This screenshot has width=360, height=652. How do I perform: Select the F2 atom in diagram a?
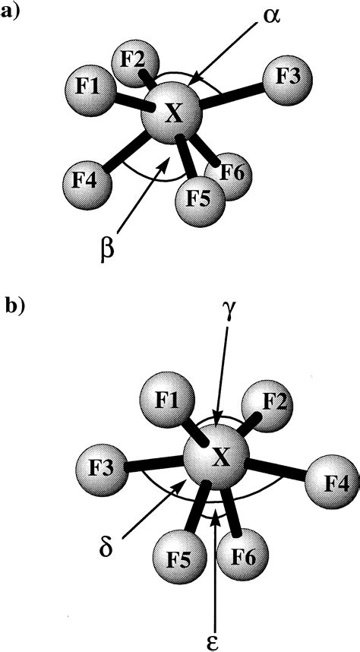[x=134, y=65]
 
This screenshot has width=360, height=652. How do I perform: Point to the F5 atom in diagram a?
[x=200, y=201]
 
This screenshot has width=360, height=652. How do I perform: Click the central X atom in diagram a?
[x=172, y=113]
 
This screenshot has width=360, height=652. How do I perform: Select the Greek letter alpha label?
[x=270, y=17]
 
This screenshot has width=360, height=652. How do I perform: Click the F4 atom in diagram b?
[x=331, y=483]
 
